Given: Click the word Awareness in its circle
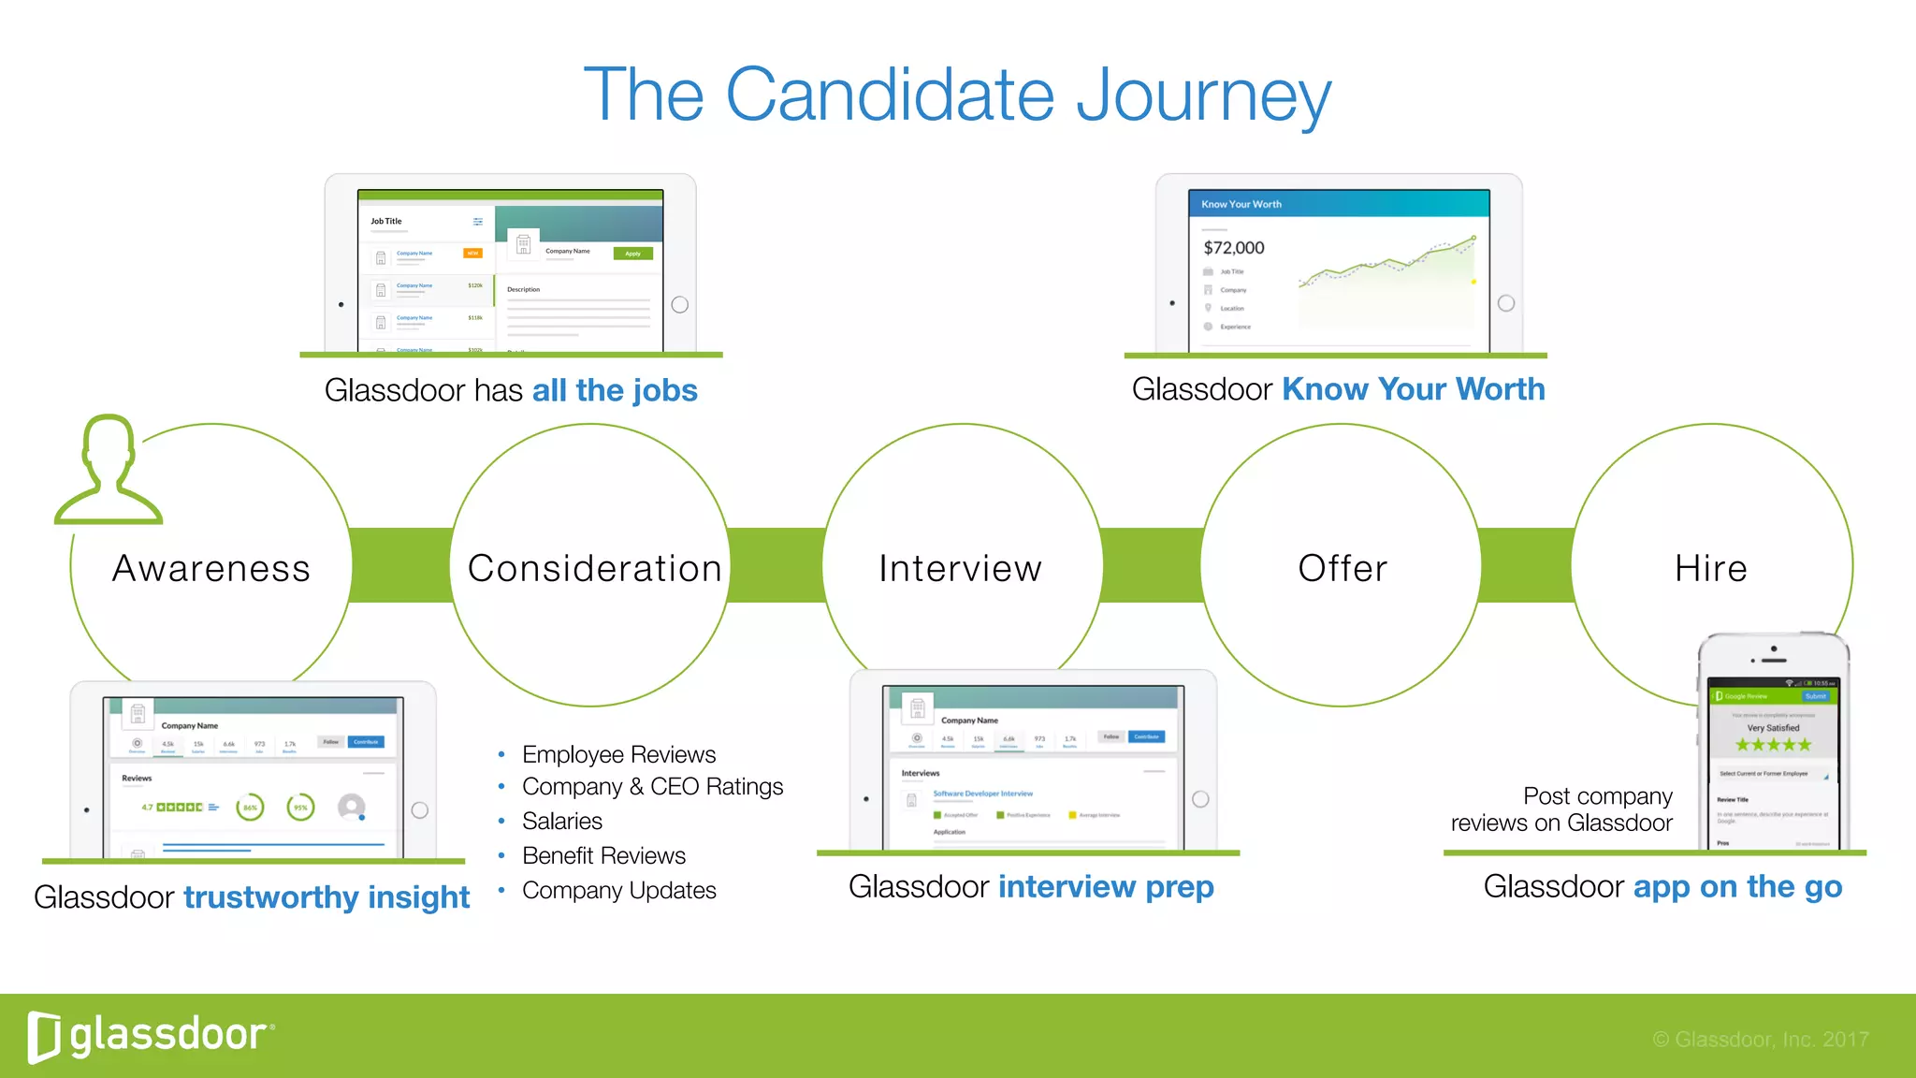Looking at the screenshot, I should coord(211,568).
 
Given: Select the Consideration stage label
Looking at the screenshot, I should coord(594,568).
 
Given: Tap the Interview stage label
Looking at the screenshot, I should coord(961,568).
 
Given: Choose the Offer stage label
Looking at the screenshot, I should coord(1343,568).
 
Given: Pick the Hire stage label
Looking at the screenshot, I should coord(1711,568).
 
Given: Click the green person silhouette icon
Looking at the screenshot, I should coord(109,470).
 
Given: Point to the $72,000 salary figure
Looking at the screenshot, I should coord(1233,248).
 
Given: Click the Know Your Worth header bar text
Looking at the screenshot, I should coord(1241,204).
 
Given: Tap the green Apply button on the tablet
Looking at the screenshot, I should coord(633,254).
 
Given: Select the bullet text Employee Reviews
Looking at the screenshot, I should coord(618,754).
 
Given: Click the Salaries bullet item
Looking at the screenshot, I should coord(561,821).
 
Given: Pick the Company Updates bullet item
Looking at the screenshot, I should coord(618,890).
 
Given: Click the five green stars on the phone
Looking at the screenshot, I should coord(1773,745).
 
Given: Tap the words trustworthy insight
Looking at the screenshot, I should coord(326,896).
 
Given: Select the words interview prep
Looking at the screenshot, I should coord(1105,886).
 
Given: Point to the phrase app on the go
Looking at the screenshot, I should coord(1736,886).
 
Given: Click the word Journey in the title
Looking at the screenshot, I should coord(1203,95).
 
